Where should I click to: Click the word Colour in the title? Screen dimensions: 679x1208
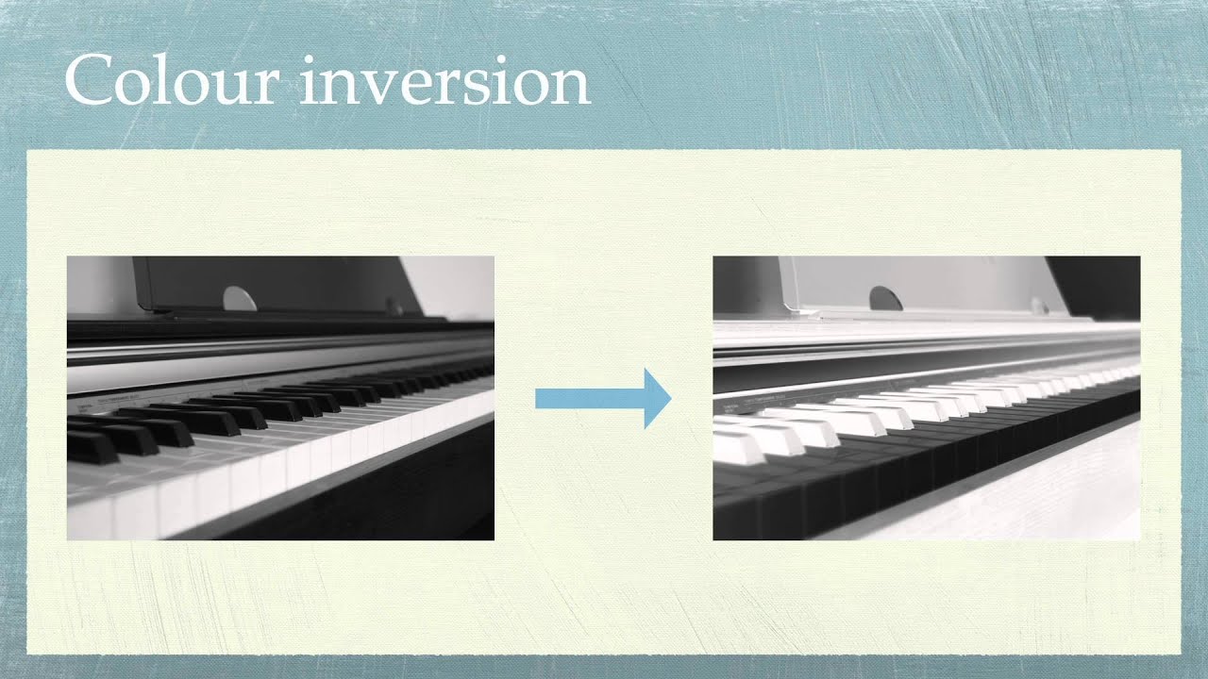170,81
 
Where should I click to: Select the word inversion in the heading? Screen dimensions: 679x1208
444,81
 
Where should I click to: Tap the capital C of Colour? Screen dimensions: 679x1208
88,81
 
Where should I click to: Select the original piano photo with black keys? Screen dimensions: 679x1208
280,397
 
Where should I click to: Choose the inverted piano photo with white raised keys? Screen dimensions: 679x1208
926,397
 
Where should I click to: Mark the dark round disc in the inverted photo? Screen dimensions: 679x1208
885,299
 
